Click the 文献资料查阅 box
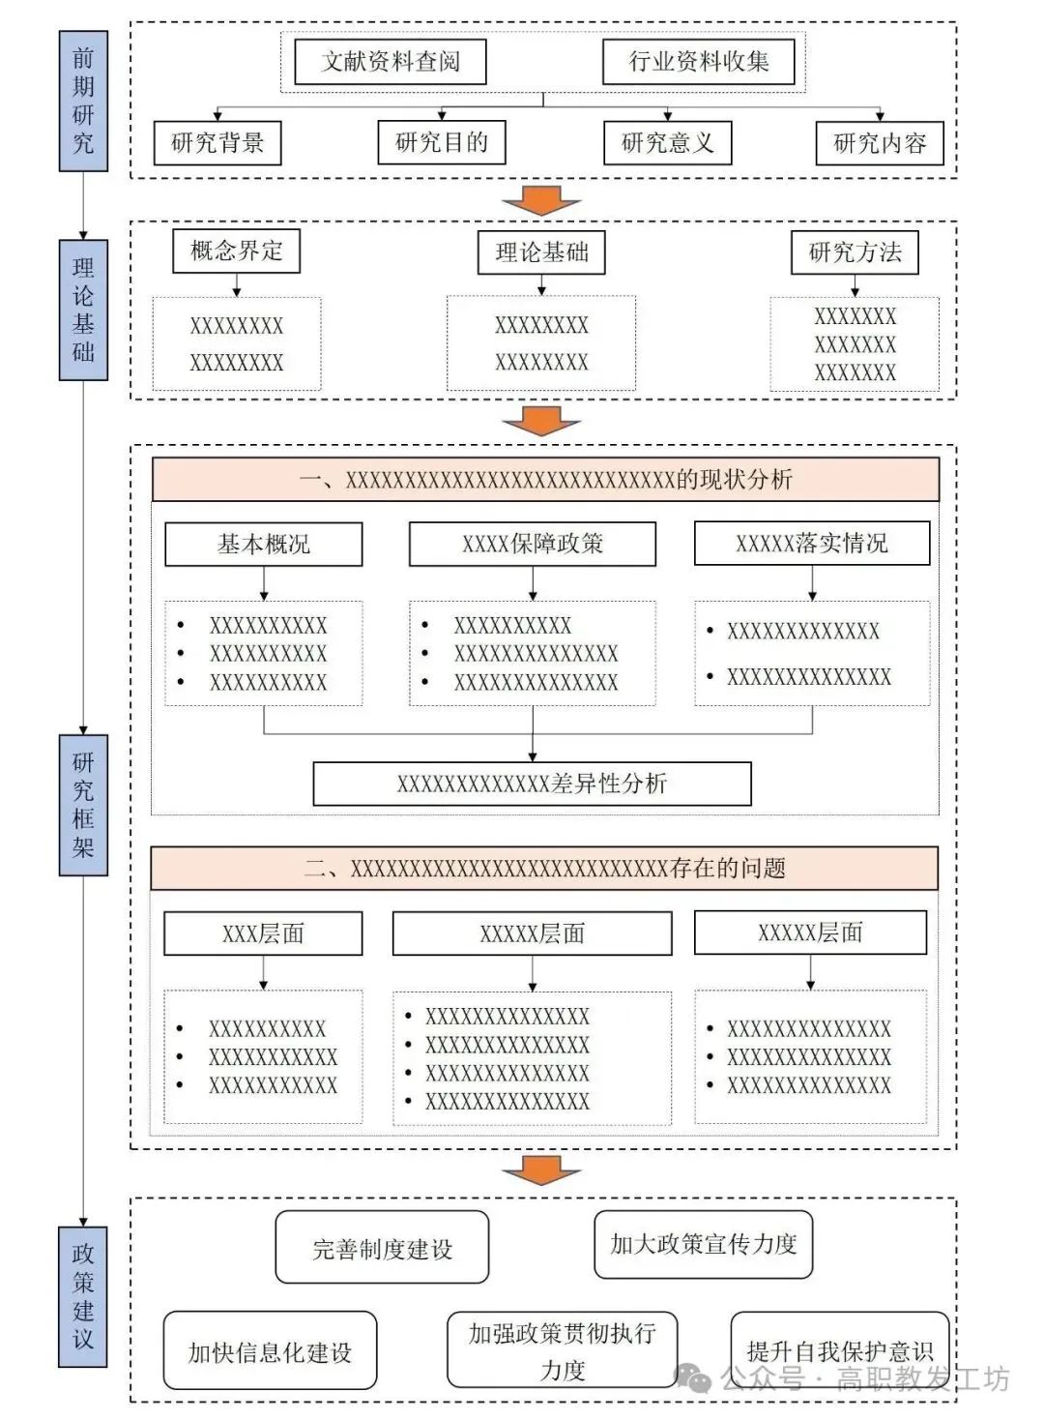point(391,62)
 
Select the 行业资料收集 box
point(699,62)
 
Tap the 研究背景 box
point(217,143)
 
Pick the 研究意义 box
point(667,143)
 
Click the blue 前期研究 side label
point(83,101)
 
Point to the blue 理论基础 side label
point(83,310)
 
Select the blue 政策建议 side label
point(83,1296)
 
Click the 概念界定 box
point(237,252)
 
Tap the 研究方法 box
point(855,252)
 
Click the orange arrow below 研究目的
point(541,200)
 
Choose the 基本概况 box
point(264,544)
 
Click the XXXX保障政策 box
point(533,544)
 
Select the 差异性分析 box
point(533,785)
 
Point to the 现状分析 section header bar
point(545,480)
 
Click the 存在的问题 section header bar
point(544,868)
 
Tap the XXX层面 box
point(263,933)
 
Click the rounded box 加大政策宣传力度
point(704,1244)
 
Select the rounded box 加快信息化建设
point(270,1350)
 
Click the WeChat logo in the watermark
point(693,1377)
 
